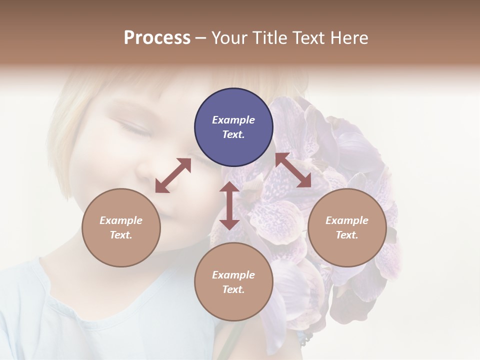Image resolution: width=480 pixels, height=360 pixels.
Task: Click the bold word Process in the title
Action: (x=157, y=38)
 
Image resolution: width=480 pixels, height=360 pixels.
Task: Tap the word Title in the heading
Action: (x=270, y=38)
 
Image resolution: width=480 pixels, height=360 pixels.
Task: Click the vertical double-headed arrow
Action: (x=229, y=205)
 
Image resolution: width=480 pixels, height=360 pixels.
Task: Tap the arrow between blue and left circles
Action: (x=173, y=175)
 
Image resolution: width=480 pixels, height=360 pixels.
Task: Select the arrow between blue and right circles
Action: (x=293, y=170)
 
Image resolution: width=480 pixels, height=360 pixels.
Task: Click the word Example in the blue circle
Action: (x=233, y=120)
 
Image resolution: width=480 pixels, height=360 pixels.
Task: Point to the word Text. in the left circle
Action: (x=121, y=235)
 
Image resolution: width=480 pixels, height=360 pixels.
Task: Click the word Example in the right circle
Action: (x=347, y=220)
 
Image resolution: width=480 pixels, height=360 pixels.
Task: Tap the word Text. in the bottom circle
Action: (x=233, y=289)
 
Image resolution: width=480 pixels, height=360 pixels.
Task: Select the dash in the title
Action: (x=201, y=38)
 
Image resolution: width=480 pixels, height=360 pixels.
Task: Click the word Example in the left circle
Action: (x=121, y=220)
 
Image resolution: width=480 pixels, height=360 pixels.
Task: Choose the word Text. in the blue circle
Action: (x=233, y=134)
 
